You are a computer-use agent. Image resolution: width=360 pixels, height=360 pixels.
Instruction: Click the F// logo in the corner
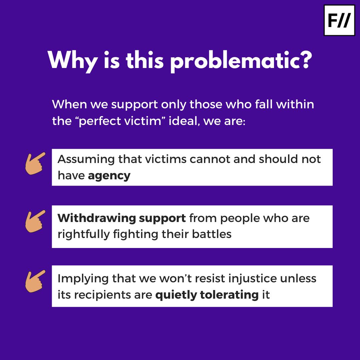[339, 20]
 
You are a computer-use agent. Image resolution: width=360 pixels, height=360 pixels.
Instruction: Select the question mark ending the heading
[304, 59]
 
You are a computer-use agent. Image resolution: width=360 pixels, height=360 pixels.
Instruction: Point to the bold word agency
[109, 176]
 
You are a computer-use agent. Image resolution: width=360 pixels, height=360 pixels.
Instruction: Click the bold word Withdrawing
[96, 218]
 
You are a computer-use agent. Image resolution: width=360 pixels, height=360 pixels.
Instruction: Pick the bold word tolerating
[229, 295]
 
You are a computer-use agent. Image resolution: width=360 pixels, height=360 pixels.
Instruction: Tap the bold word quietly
[176, 295]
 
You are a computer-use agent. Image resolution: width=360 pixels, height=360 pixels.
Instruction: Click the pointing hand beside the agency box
[35, 163]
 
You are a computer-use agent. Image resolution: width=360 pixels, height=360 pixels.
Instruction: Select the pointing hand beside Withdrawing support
[35, 221]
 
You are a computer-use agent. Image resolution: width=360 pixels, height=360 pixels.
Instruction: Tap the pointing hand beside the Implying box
[35, 281]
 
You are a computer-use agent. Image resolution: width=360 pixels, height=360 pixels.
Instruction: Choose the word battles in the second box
[212, 234]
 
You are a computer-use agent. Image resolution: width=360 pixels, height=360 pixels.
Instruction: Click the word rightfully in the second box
[84, 234]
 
